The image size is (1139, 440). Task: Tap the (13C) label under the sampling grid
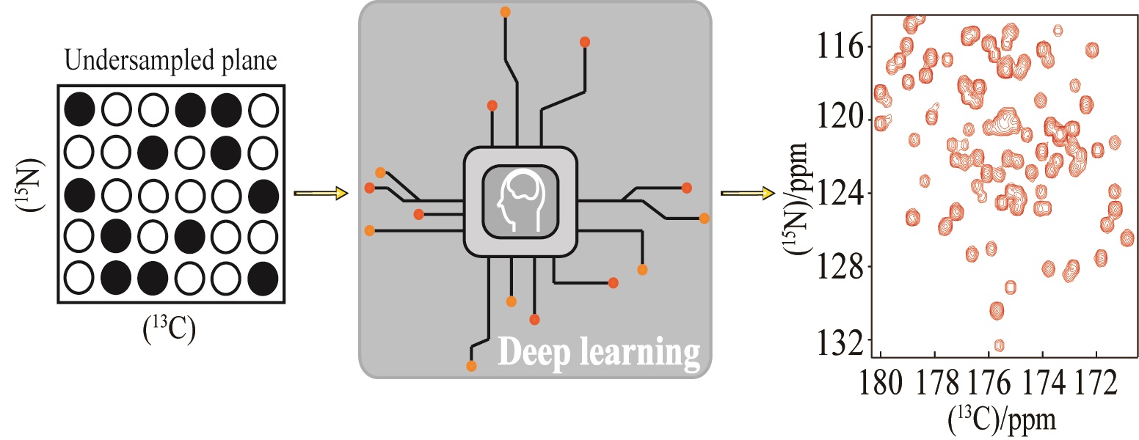pyautogui.click(x=170, y=331)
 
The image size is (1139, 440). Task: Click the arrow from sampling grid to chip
pyautogui.click(x=319, y=194)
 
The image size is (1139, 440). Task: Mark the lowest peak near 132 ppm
pyautogui.click(x=999, y=345)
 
